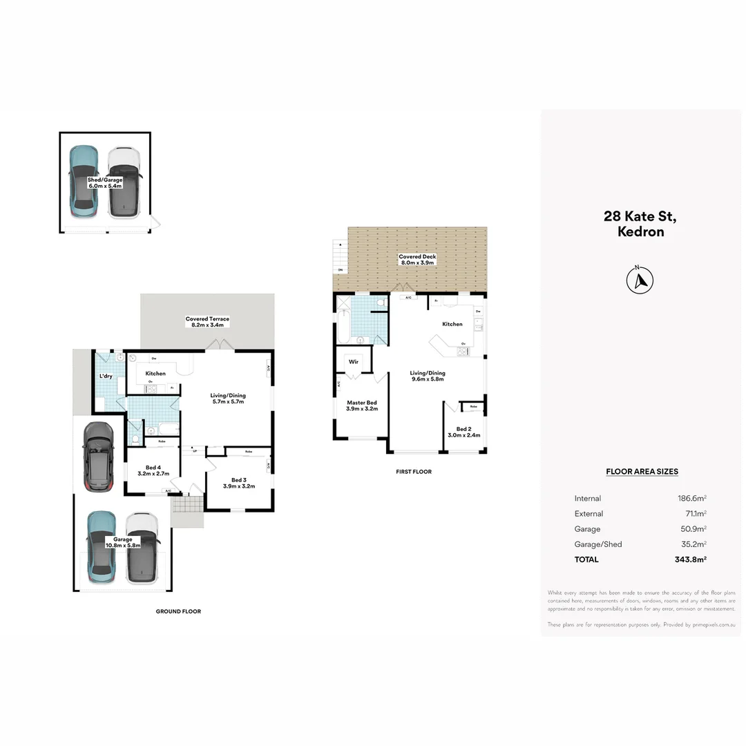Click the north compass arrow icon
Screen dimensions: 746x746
(x=640, y=280)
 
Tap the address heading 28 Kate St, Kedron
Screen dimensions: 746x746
(x=640, y=224)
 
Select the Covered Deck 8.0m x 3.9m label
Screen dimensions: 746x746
(x=417, y=260)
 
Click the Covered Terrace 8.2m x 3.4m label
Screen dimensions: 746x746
(x=207, y=322)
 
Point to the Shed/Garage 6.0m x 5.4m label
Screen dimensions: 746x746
(x=105, y=182)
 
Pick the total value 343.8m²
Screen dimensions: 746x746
(x=691, y=559)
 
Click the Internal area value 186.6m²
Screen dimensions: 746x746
(x=691, y=498)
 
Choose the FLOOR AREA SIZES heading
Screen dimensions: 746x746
(x=642, y=472)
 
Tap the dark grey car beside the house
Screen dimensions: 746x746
(x=98, y=457)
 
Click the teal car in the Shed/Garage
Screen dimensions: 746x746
(x=84, y=182)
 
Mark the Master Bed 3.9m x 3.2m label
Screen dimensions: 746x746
(x=362, y=405)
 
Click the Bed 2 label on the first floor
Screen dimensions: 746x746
(x=464, y=432)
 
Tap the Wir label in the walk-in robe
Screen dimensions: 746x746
(x=354, y=361)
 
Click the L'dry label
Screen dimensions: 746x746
(x=106, y=376)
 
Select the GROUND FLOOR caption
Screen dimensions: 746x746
(x=178, y=611)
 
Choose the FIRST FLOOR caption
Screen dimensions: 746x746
(x=414, y=472)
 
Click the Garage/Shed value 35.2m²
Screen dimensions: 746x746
(x=691, y=544)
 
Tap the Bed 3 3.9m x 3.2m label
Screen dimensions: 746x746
(x=239, y=483)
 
